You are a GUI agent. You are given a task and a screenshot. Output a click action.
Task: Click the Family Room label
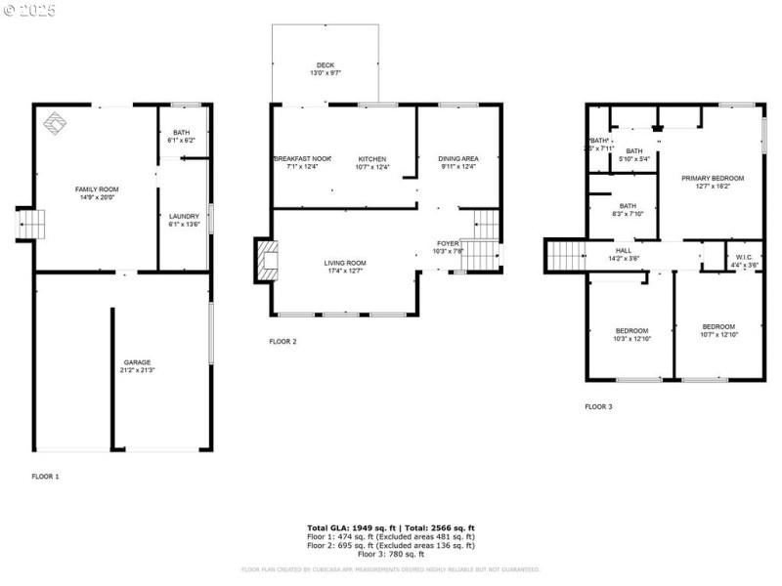(x=97, y=192)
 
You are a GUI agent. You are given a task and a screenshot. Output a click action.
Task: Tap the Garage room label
(x=137, y=366)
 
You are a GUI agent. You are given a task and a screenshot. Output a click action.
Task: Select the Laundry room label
(x=184, y=221)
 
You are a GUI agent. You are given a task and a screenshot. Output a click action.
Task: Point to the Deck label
(x=326, y=69)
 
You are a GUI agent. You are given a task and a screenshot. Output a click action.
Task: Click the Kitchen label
(x=372, y=163)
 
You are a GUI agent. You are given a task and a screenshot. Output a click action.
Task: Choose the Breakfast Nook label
(x=303, y=163)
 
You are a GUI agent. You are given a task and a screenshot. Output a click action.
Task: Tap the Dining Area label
(x=457, y=163)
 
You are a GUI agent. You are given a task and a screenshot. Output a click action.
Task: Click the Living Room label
(x=345, y=267)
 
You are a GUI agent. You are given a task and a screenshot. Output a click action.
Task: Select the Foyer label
(x=448, y=247)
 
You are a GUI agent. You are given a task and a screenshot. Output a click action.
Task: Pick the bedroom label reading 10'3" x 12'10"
(x=631, y=335)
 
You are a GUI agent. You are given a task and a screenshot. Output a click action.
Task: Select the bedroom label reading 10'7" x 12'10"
(x=718, y=331)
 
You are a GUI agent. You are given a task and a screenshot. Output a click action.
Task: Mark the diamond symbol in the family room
(x=54, y=124)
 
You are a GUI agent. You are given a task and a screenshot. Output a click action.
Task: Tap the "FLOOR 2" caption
(x=283, y=342)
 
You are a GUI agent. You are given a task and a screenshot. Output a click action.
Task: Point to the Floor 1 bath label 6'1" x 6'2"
(x=182, y=138)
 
